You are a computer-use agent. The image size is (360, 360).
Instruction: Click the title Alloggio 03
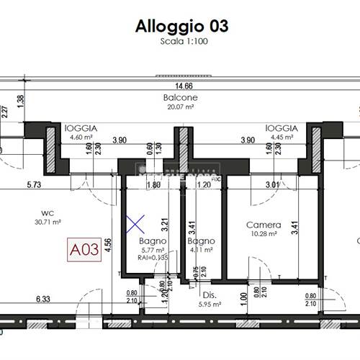click(182, 26)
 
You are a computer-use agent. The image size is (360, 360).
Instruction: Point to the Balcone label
click(181, 98)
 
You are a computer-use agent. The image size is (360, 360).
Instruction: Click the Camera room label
click(263, 225)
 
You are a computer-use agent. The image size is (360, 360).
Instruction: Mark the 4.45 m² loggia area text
click(280, 136)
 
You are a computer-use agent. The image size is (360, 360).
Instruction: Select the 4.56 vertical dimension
click(107, 245)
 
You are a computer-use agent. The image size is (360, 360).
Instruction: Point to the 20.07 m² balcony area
click(181, 107)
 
